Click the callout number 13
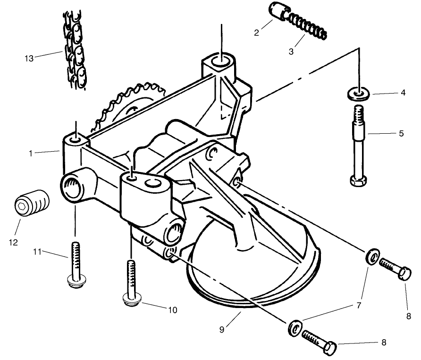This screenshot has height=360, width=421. click(29, 58)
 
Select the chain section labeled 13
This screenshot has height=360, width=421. click(75, 50)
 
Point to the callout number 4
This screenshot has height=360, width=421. click(403, 93)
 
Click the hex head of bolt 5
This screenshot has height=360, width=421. click(360, 180)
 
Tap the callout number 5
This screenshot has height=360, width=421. click(401, 134)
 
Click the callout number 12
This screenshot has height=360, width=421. click(13, 242)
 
